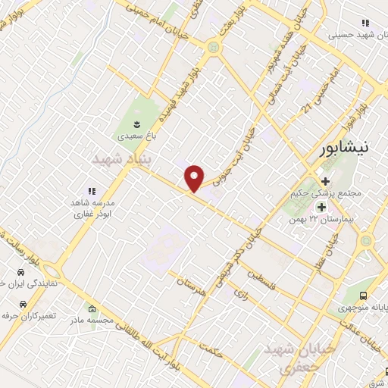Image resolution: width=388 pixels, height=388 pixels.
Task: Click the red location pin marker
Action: coord(195,178)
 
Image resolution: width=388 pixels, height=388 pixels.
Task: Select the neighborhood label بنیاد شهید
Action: coord(120,159)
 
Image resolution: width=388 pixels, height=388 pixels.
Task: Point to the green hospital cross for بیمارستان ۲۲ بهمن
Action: coord(321,206)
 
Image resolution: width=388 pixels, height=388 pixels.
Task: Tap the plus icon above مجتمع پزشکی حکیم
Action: coord(325,182)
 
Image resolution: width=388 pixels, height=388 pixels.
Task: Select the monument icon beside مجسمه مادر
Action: coord(92,308)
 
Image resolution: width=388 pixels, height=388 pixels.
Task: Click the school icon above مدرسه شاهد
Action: coord(91,191)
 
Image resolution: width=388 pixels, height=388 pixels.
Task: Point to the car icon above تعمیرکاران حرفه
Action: coord(23,302)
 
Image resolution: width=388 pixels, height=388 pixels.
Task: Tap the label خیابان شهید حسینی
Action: coord(357,35)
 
